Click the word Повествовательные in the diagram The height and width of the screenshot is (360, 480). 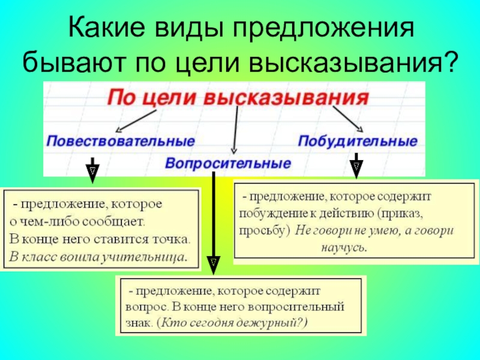[121, 142]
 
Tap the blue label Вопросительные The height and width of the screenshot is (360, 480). [228, 163]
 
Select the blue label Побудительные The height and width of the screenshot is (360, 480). [357, 142]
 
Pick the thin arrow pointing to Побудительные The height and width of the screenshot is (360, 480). [348, 119]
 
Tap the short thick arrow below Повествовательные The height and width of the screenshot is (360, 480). [92, 169]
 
